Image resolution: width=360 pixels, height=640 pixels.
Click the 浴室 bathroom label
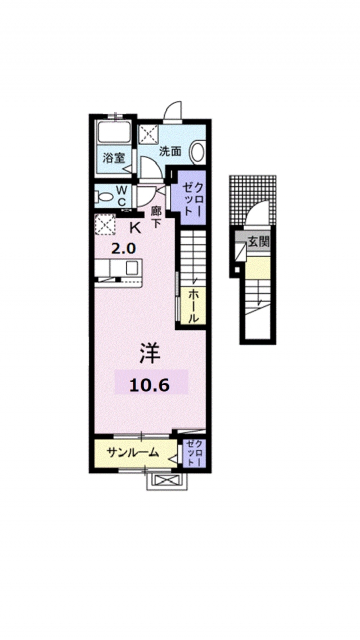click(114, 158)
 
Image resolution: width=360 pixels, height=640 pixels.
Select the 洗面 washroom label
click(169, 151)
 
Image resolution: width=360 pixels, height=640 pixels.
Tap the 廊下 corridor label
click(156, 217)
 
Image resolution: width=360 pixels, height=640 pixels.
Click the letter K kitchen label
click(135, 228)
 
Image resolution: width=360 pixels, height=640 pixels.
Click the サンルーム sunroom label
click(133, 453)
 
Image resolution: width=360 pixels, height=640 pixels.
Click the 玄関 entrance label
click(259, 243)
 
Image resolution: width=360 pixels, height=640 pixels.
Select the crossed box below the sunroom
click(165, 481)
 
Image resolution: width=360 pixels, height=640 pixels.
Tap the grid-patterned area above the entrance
click(253, 194)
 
